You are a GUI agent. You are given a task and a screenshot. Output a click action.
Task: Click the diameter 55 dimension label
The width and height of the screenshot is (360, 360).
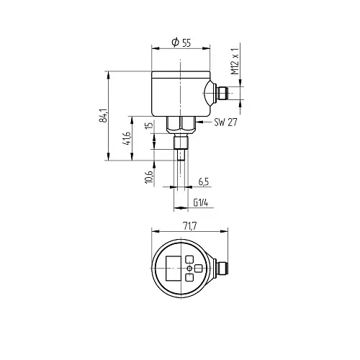[x=181, y=42]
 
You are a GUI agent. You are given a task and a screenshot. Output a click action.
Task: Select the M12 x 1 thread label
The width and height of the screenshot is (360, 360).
[x=235, y=61]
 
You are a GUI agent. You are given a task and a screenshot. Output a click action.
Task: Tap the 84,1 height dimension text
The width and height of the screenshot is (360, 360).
[x=103, y=116]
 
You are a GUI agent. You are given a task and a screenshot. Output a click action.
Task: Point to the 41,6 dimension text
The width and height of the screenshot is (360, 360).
[x=127, y=138]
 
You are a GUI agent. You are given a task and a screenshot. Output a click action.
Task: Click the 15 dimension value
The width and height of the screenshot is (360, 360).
[x=149, y=125]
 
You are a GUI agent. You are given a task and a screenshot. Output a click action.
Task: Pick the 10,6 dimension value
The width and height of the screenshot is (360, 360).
[x=149, y=177]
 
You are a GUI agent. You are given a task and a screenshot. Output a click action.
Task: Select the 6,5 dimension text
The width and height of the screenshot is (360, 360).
[x=204, y=182]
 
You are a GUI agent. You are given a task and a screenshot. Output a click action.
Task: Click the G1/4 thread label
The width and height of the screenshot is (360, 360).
[x=201, y=203]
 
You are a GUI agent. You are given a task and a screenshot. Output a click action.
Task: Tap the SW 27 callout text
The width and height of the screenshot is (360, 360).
[x=225, y=122]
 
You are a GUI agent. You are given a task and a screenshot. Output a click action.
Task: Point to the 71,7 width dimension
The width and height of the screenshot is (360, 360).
[x=190, y=226]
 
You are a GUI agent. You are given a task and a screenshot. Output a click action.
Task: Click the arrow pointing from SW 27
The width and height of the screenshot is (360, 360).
[x=204, y=122]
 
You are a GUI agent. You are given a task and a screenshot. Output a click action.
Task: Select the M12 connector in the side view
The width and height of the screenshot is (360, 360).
[x=221, y=93]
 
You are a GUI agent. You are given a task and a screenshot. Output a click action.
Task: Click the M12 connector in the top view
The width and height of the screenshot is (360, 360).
[x=222, y=268]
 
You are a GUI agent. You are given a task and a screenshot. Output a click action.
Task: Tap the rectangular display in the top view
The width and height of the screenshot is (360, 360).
[x=173, y=268]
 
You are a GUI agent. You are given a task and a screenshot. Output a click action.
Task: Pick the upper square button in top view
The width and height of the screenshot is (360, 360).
[x=189, y=259]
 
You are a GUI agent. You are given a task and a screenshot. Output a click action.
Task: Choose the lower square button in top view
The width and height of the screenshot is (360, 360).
[x=189, y=277]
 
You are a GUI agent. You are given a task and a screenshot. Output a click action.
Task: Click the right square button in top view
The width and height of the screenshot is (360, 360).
[x=198, y=269]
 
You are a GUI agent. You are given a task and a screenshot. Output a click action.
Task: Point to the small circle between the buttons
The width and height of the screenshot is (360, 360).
[x=189, y=269]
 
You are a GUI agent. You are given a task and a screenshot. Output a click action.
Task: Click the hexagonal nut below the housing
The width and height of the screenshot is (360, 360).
[x=181, y=124]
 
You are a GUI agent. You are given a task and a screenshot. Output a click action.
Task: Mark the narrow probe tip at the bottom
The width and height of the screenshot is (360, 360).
[x=181, y=155]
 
